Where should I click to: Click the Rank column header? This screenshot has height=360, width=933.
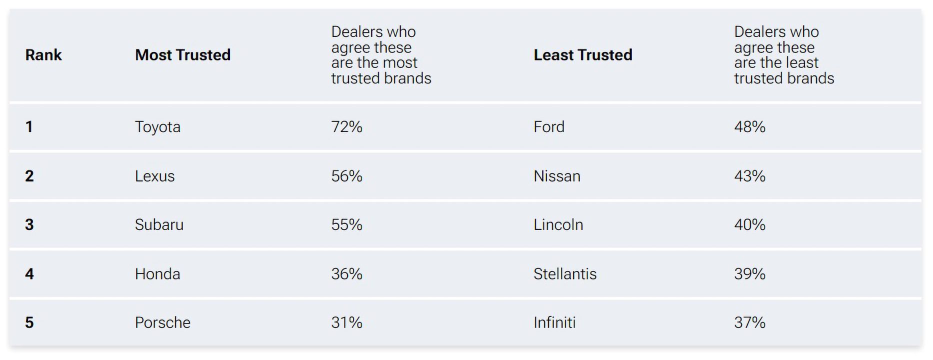pyautogui.click(x=43, y=55)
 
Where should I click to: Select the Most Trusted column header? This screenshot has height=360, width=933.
pyautogui.click(x=182, y=55)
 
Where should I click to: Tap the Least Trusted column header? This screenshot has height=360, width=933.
pyautogui.click(x=582, y=55)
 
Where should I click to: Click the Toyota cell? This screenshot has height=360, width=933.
pyautogui.click(x=157, y=127)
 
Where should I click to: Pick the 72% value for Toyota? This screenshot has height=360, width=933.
pyautogui.click(x=346, y=127)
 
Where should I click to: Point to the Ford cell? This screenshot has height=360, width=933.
pyautogui.click(x=548, y=127)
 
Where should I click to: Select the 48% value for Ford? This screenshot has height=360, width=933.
pyautogui.click(x=749, y=127)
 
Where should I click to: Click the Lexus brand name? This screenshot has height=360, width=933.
pyautogui.click(x=154, y=176)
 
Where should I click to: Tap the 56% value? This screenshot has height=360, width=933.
pyautogui.click(x=346, y=176)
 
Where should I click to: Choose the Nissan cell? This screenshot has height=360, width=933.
pyautogui.click(x=556, y=176)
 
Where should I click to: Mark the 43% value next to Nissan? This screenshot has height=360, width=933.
pyautogui.click(x=749, y=176)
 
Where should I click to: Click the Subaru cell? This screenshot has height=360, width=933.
pyautogui.click(x=159, y=225)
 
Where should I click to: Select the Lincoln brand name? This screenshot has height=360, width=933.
pyautogui.click(x=558, y=225)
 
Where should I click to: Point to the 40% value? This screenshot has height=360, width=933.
pyautogui.click(x=749, y=225)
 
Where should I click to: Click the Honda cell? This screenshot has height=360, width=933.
pyautogui.click(x=157, y=274)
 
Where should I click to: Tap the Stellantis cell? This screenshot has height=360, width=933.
pyautogui.click(x=564, y=274)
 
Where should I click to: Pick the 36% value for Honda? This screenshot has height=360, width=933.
pyautogui.click(x=346, y=274)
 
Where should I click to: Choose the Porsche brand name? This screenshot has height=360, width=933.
pyautogui.click(x=162, y=322)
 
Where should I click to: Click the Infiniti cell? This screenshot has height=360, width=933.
pyautogui.click(x=554, y=322)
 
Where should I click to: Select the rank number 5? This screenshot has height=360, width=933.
pyautogui.click(x=29, y=322)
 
